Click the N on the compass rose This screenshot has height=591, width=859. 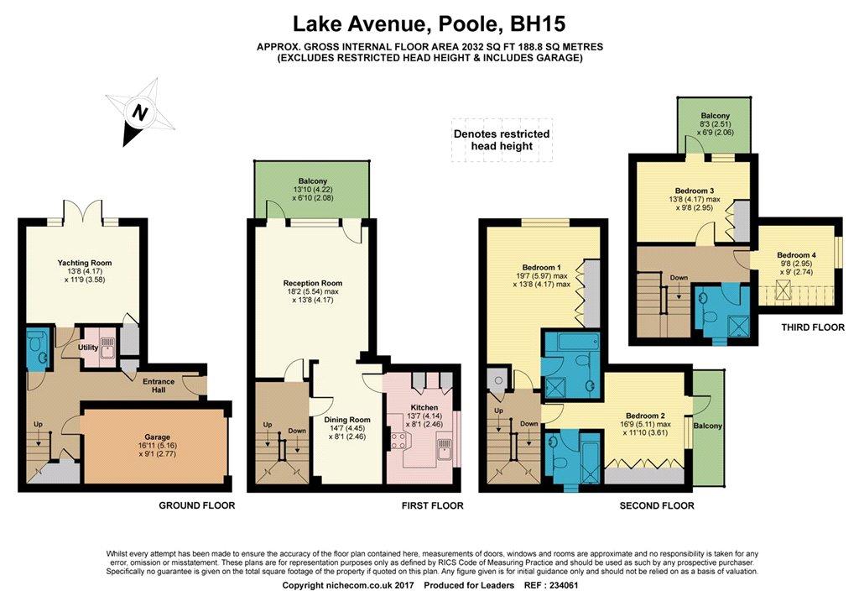[141, 113]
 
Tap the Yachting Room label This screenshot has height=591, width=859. [85, 263]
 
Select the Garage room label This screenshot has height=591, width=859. [157, 437]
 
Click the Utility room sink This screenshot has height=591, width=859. [109, 346]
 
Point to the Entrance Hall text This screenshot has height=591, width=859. [159, 385]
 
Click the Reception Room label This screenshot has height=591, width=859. [312, 284]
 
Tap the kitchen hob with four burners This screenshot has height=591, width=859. [398, 440]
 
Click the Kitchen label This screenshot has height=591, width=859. [424, 407]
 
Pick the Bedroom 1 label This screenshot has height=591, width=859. [541, 268]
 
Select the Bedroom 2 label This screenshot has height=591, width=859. [647, 416]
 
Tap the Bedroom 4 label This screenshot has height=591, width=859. [797, 255]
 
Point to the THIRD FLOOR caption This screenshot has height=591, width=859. [813, 327]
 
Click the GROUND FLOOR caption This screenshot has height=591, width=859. [196, 505]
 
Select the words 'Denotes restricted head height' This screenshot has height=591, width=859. [502, 140]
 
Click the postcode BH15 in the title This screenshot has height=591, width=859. [538, 24]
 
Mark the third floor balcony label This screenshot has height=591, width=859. [715, 116]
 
